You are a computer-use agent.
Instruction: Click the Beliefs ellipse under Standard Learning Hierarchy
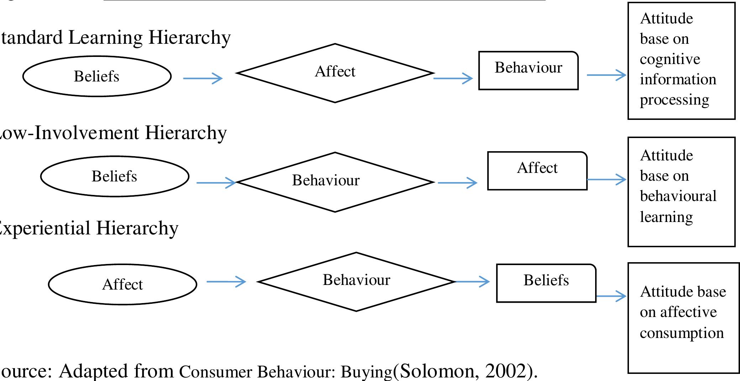[97, 76]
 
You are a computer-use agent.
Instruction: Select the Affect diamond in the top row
[335, 73]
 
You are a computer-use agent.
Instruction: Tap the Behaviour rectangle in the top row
[528, 70]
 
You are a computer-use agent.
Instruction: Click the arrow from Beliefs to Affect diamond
[203, 78]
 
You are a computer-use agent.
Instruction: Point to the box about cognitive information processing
[681, 60]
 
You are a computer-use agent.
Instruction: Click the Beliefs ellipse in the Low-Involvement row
[115, 176]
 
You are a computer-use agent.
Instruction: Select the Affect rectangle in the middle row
[537, 170]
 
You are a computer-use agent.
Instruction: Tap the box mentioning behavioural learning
[681, 191]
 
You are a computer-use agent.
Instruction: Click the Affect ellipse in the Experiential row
[122, 284]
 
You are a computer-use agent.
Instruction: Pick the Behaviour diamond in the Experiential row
[356, 281]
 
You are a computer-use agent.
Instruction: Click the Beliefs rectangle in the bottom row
[546, 283]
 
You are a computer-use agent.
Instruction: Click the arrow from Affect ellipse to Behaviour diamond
[226, 282]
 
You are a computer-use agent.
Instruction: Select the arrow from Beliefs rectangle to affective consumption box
[611, 296]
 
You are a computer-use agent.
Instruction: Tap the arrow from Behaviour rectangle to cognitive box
[606, 75]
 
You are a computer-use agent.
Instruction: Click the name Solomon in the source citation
[437, 371]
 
